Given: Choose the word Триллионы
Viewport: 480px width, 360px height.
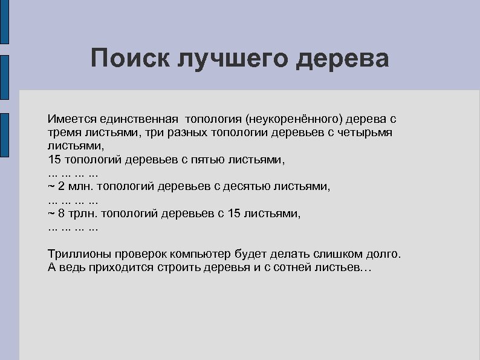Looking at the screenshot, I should [x=77, y=254].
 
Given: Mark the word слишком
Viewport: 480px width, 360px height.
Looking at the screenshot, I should [x=334, y=254].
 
